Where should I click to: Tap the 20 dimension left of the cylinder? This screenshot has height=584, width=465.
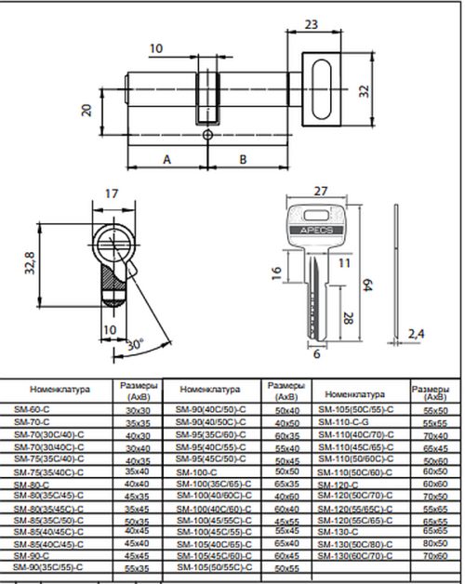click(86, 110)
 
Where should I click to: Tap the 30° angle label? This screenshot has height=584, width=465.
click(134, 342)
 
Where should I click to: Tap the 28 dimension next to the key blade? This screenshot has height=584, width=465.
click(348, 319)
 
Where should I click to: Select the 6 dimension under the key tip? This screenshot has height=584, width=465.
click(316, 354)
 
